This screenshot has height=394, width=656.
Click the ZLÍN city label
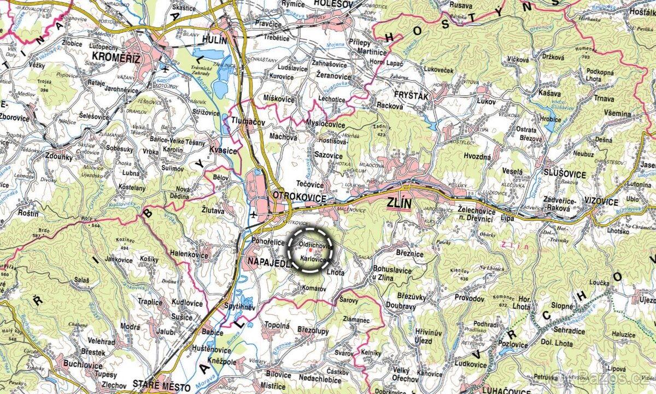point(398,204)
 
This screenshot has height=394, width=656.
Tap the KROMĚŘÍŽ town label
point(116,57)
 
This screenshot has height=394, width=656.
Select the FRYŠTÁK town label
point(408,96)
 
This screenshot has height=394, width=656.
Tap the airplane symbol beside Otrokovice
point(253,215)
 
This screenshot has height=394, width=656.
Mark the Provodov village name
point(469,298)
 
